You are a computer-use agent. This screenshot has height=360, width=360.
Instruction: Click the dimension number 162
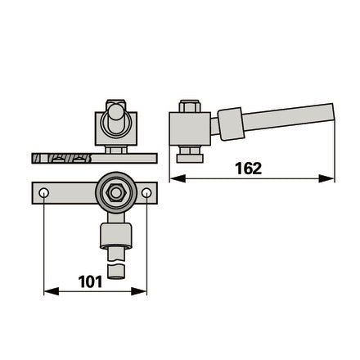(248, 169)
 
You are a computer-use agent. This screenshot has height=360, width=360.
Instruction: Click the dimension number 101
(90, 281)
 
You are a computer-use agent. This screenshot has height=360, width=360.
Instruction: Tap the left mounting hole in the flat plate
(43, 193)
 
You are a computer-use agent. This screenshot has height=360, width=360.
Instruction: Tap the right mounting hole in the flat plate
(146, 193)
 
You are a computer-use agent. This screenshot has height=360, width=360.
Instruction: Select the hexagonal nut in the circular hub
(116, 193)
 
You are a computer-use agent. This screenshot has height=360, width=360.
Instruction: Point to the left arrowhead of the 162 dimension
(178, 179)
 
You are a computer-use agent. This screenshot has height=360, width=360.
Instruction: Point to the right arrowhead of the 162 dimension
(326, 179)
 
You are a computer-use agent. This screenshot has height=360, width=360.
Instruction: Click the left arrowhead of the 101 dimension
(52, 291)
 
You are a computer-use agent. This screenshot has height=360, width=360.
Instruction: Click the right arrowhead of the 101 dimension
(139, 291)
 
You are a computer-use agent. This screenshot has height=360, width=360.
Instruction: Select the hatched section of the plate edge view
(61, 159)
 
